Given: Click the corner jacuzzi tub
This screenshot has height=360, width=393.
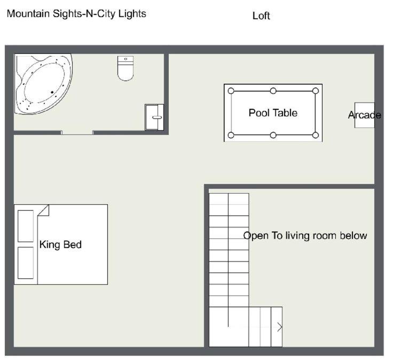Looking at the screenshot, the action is click(x=43, y=84).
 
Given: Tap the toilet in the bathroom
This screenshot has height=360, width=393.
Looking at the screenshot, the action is click(x=125, y=68).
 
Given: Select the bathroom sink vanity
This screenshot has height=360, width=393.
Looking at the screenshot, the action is click(x=154, y=117).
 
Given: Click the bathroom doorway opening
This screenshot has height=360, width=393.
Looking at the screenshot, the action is click(x=77, y=132).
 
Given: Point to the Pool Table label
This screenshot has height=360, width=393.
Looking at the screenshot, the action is click(x=273, y=113).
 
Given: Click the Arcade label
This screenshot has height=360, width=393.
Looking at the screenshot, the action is click(x=365, y=115).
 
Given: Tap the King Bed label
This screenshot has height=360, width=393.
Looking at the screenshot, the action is click(x=60, y=245).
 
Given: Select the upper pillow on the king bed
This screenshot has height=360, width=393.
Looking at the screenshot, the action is click(x=26, y=226).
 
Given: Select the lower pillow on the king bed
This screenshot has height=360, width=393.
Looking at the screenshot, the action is click(x=26, y=263).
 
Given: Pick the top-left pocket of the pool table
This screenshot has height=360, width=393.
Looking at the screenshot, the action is click(x=231, y=91).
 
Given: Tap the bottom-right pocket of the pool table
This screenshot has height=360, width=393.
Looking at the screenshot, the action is click(x=316, y=135).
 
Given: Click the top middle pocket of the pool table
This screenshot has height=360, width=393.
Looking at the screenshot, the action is click(x=273, y=91).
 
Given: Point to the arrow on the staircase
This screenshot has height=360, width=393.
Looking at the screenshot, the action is click(x=279, y=327).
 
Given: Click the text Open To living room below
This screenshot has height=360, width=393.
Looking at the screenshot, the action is click(x=305, y=236).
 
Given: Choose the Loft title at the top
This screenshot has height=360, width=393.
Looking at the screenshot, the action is click(x=261, y=16).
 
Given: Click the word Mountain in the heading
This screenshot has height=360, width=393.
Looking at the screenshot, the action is click(x=28, y=13).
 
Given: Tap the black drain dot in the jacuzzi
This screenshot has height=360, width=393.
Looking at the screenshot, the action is click(x=52, y=92).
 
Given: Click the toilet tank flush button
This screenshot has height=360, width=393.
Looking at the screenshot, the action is click(x=125, y=59).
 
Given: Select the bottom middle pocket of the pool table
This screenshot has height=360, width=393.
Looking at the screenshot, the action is click(x=273, y=135).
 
